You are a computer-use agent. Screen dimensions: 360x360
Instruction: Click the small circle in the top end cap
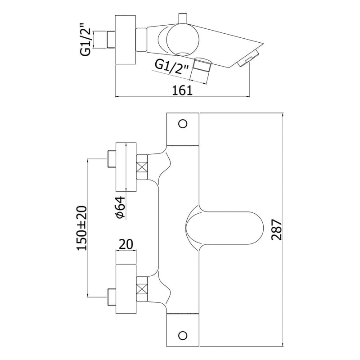pos(183,124)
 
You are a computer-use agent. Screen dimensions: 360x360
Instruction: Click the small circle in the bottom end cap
pos(183,335)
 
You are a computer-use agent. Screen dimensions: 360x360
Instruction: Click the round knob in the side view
pos(183,39)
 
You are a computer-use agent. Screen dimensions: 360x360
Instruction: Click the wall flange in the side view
pos(126,39)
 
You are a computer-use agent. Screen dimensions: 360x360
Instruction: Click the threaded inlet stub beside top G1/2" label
pos(111,39)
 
